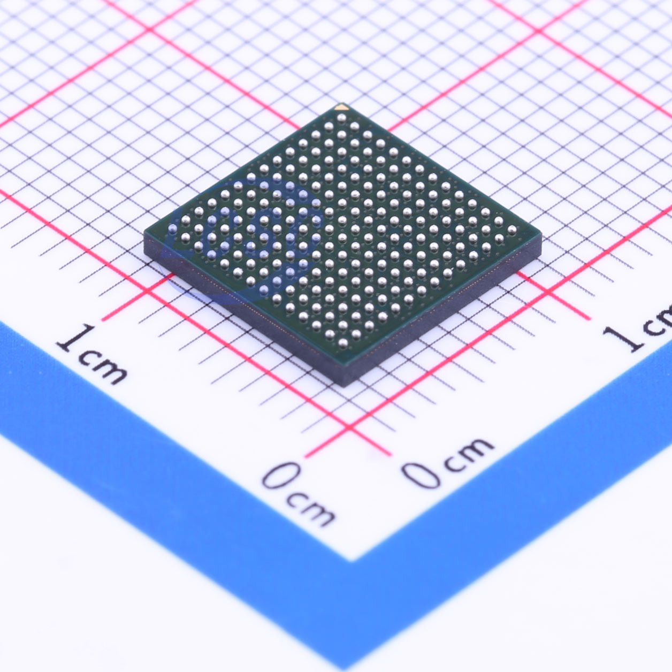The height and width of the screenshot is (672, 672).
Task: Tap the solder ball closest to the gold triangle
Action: point(341,118)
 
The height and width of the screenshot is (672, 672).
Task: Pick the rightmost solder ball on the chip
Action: point(511,229)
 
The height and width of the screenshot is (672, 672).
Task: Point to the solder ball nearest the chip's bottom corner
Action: point(343,343)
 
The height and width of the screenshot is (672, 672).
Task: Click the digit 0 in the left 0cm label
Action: point(281,476)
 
